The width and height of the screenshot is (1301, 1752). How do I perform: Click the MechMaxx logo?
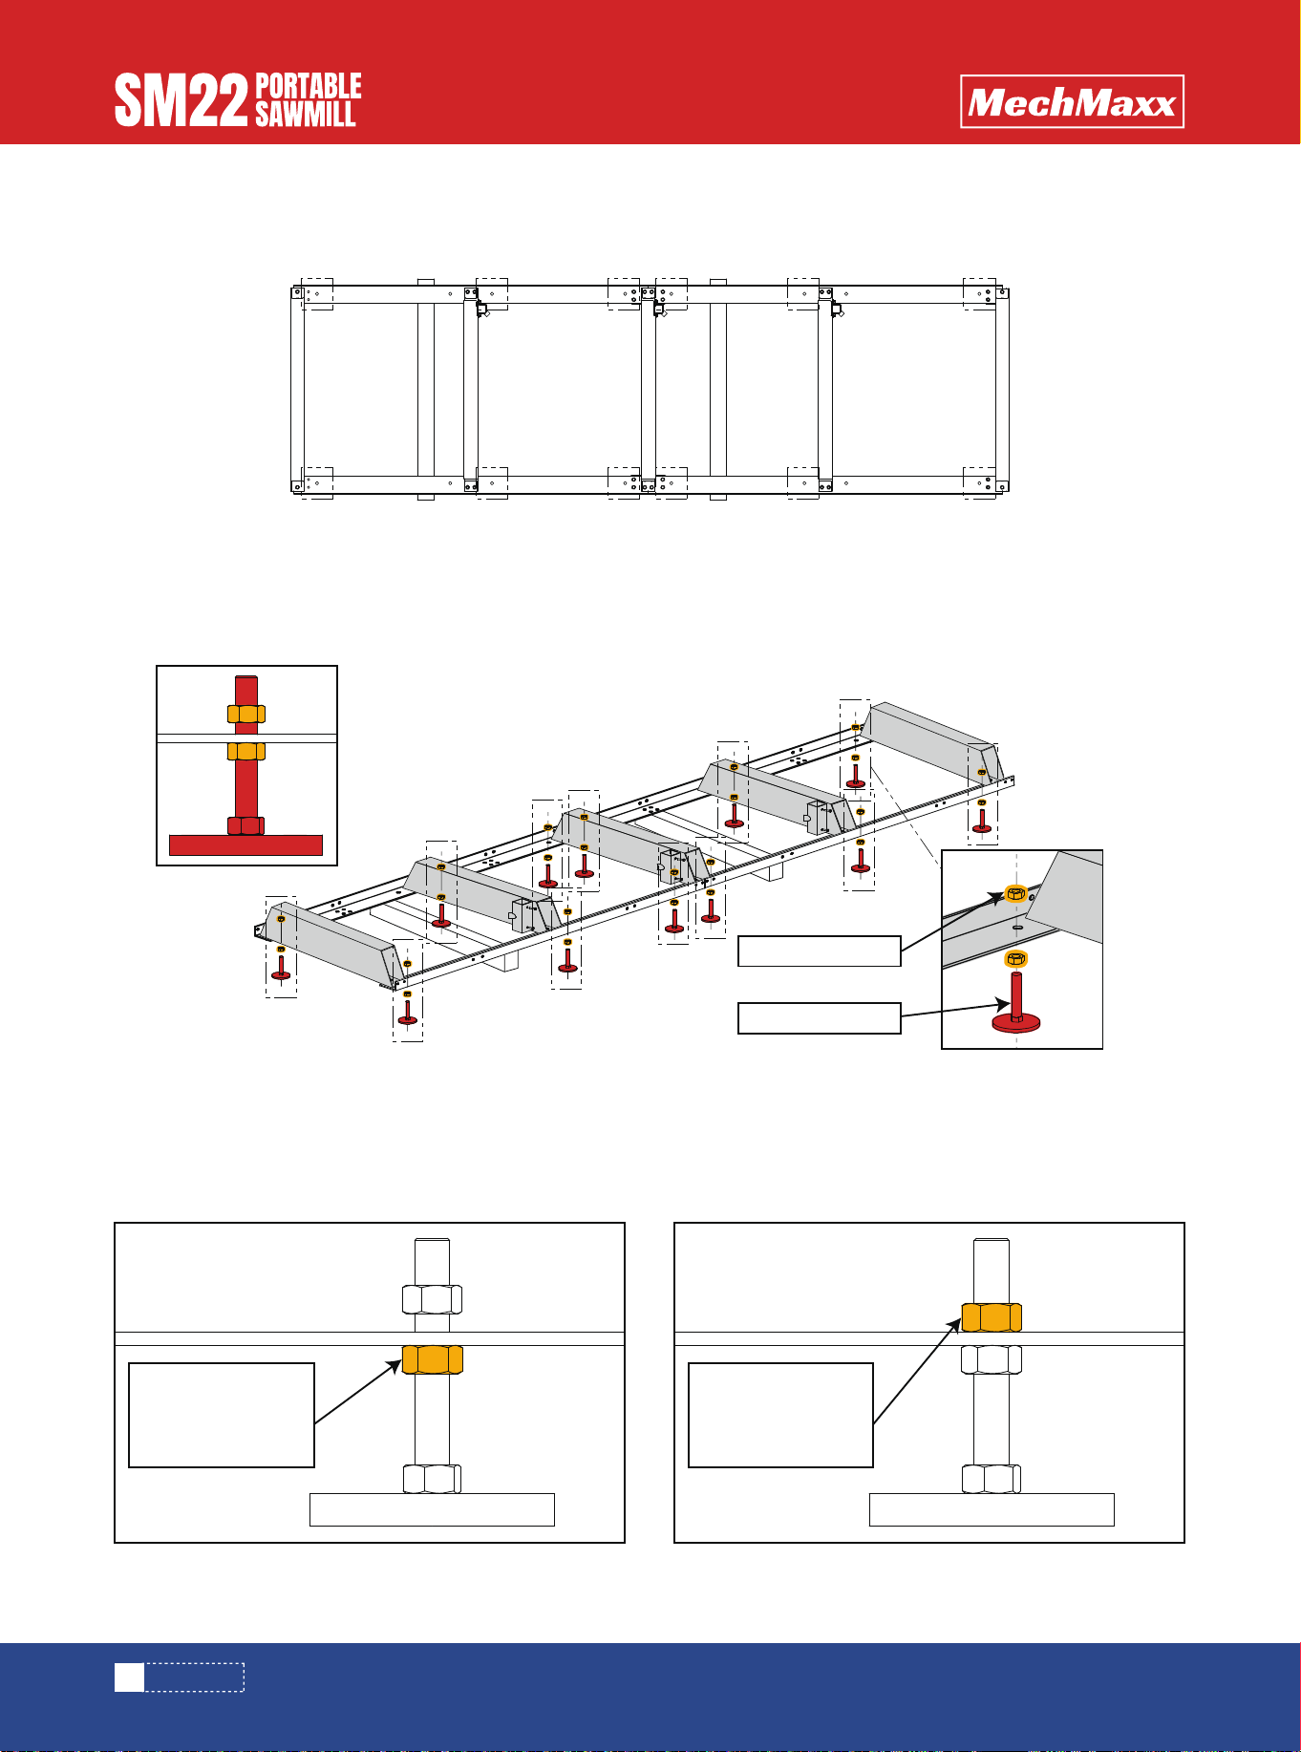pos(1072,101)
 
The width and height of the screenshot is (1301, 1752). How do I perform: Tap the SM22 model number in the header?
pos(181,102)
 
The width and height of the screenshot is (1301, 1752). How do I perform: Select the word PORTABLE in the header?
pos(309,86)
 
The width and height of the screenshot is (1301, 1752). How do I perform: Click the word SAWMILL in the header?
pos(306,114)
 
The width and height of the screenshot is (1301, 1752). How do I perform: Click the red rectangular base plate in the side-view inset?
pos(245,844)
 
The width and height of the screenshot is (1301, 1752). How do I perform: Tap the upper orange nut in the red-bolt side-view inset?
pos(245,714)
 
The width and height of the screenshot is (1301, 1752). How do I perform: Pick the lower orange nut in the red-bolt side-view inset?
pos(245,751)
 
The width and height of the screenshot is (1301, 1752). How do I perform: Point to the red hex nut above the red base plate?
pos(245,825)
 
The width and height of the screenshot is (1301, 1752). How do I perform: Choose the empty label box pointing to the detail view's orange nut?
pos(820,951)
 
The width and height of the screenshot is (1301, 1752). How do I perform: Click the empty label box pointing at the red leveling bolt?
pos(820,1018)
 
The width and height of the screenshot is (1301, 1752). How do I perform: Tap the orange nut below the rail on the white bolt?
pos(432,1359)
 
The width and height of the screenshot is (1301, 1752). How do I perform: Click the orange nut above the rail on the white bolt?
pos(992,1317)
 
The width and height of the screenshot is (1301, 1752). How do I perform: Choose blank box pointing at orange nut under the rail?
pos(222,1416)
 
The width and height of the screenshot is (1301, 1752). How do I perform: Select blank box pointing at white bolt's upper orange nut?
pos(781,1416)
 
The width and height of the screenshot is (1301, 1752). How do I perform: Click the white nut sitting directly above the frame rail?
pos(432,1299)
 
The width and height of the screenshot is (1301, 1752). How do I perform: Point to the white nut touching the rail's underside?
pos(992,1359)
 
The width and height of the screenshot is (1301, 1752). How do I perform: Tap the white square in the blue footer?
pos(129,1677)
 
